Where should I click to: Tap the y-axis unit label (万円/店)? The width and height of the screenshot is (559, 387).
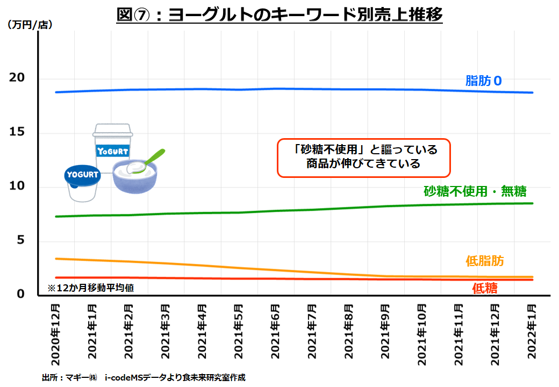pos(30,25)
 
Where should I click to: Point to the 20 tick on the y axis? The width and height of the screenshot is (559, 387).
pos(17,78)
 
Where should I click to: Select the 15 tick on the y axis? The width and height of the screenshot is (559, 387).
pos(17,133)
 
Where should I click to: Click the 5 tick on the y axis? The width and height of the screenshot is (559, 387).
pos(21,241)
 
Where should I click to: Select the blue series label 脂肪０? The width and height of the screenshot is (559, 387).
pos(483,81)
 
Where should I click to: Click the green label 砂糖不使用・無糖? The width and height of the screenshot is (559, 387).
pos(475,191)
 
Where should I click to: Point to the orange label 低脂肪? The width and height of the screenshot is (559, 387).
pos(485,261)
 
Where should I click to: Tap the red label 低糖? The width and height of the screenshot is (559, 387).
pos(485,288)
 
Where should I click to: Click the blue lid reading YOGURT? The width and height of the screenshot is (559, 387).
pos(82,174)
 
